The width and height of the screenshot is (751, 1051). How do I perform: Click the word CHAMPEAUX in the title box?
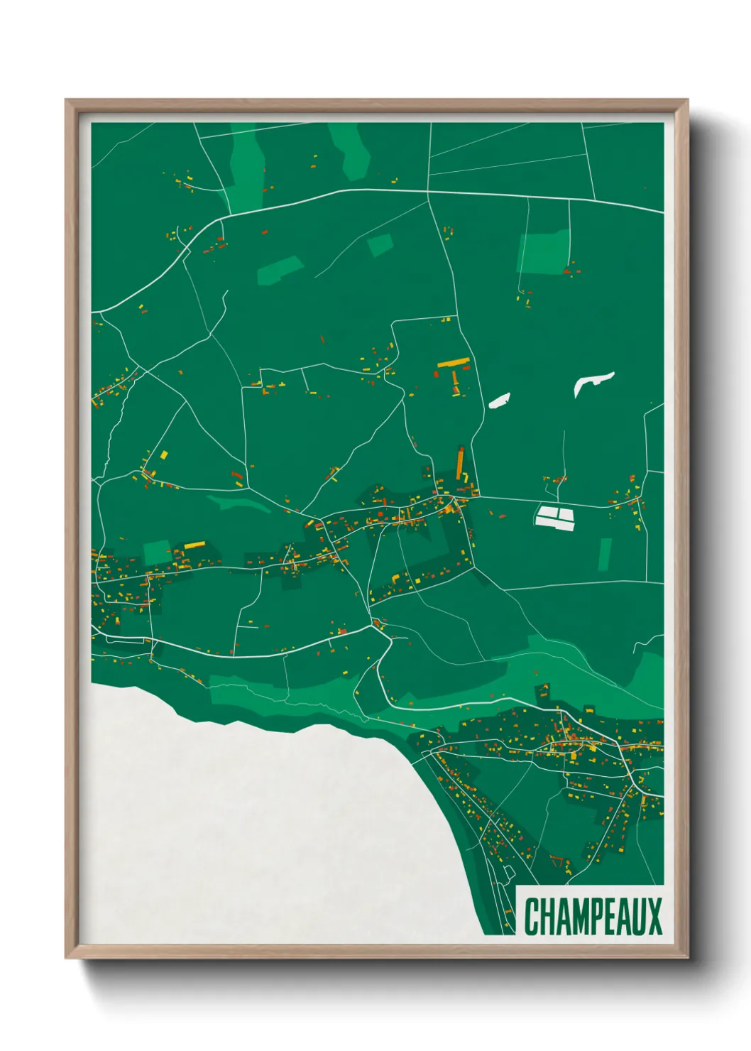593,917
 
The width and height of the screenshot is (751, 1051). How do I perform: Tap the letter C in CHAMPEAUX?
532,917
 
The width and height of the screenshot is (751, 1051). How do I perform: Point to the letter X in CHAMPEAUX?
654,917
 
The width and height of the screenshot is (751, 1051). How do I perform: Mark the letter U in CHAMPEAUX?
639,917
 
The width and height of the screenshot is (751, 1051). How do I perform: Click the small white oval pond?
500,401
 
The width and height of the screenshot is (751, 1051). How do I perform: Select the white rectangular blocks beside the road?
555,516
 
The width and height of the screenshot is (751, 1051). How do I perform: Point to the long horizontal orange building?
454,363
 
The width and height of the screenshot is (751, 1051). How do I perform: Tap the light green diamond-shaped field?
380,245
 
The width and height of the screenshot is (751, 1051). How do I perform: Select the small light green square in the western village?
157,552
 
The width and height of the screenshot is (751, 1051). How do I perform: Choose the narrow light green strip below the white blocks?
605,554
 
